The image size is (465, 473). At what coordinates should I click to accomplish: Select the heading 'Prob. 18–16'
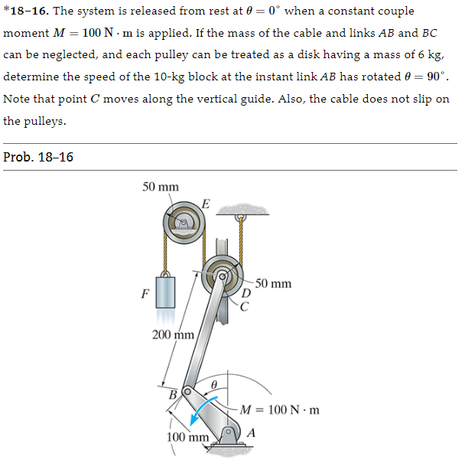[x=38, y=157]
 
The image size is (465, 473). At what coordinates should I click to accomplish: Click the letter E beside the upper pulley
[x=206, y=202]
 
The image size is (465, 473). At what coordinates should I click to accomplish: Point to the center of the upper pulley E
[x=184, y=223]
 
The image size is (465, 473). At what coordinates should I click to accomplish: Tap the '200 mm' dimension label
[x=174, y=334]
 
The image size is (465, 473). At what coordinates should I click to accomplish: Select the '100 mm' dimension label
[x=187, y=437]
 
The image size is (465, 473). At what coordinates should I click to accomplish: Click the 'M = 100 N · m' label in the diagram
[x=279, y=409]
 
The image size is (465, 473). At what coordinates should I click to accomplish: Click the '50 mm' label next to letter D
[x=273, y=284]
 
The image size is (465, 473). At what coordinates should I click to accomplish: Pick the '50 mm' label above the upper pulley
[x=161, y=187]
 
